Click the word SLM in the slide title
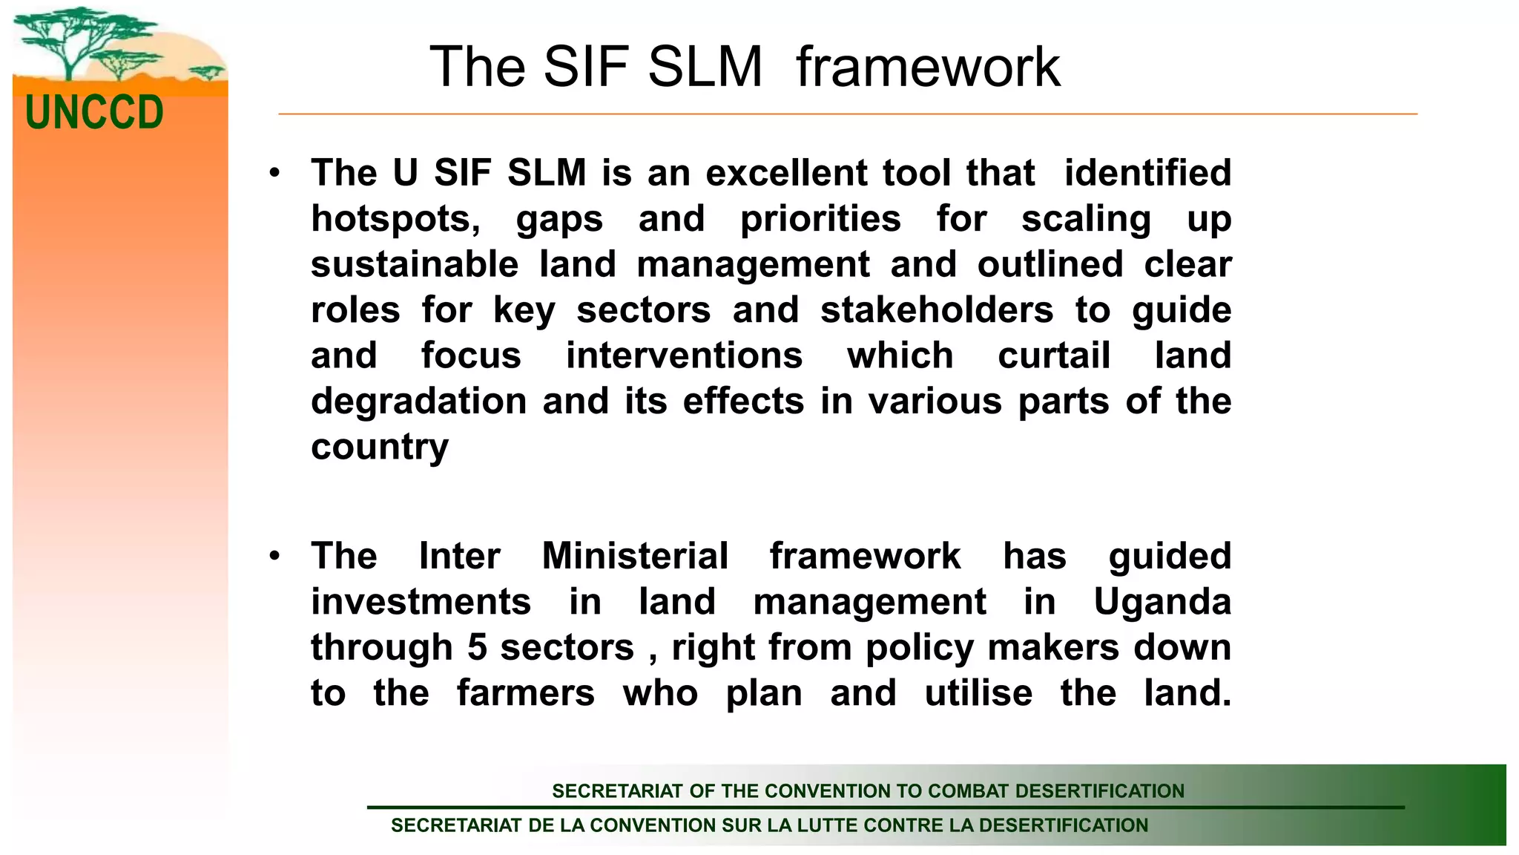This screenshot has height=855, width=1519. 705,67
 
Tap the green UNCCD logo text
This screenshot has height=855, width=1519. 94,113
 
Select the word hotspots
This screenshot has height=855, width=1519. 395,219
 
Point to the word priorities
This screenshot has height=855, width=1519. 820,219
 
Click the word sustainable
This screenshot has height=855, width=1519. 415,265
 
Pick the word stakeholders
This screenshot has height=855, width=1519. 937,310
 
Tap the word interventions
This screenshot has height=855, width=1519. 684,356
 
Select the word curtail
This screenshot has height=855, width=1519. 1054,356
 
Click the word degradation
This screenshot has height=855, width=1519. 418,402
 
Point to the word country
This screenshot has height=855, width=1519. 380,448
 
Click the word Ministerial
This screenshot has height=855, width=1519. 635,556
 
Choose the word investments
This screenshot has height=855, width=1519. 421,602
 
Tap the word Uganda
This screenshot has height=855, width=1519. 1162,602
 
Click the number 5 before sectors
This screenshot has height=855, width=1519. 477,647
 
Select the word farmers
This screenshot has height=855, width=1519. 525,693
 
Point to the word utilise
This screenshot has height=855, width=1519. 978,693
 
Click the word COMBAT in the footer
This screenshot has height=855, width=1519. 966,791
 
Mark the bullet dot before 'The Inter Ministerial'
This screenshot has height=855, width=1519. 275,556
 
